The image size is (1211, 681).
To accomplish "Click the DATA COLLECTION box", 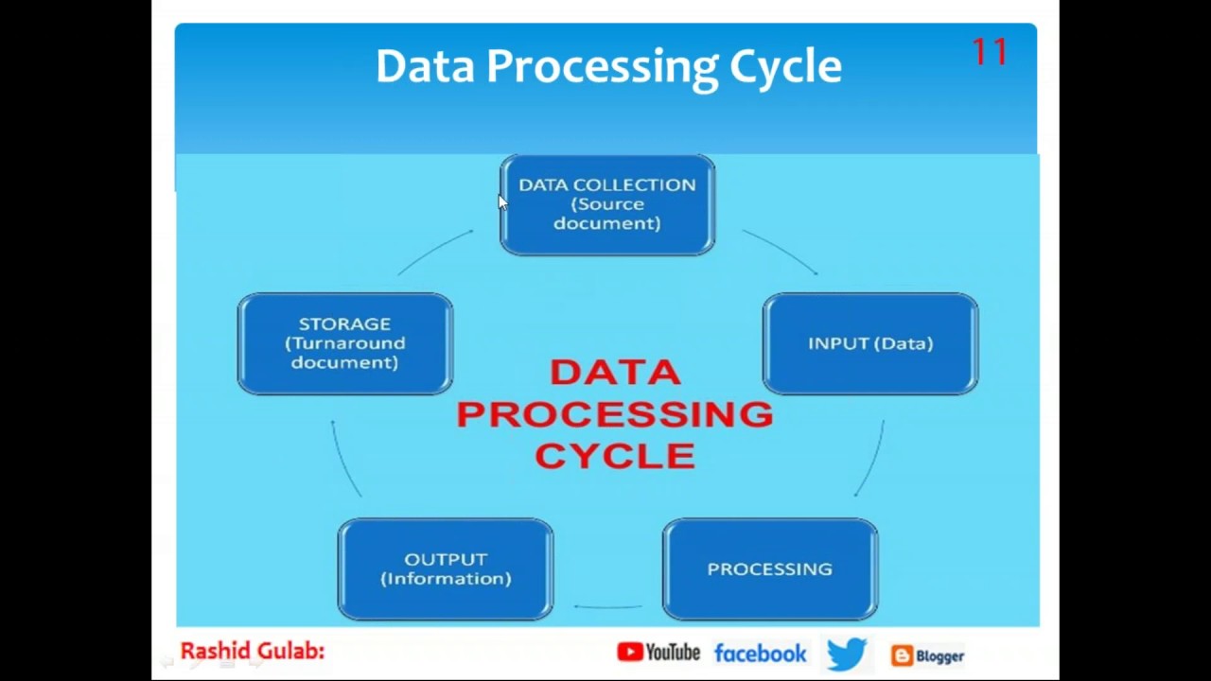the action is pos(607,205).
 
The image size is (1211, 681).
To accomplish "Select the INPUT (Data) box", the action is pos(870,343).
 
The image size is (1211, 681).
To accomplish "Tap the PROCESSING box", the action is pos(770,569).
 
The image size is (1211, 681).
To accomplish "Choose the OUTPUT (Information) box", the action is pos(446,569).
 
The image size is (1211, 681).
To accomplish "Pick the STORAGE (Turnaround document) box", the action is pos(345,343).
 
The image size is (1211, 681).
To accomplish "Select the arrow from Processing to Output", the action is pos(607,607).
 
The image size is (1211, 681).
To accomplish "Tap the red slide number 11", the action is pos(990,52).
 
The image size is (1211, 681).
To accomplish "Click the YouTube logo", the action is pos(658,653).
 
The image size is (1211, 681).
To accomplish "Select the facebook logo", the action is pos(760,654).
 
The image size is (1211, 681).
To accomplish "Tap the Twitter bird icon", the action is pos(847,654).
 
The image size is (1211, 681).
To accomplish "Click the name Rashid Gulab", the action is pos(253,652).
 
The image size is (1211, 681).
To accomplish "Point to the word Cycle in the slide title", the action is pos(785,67).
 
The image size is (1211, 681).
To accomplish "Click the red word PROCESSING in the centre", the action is pos(615,414).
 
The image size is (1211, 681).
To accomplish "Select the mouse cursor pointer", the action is pos(502,202).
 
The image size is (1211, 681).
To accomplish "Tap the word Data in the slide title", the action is pos(425,66).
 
